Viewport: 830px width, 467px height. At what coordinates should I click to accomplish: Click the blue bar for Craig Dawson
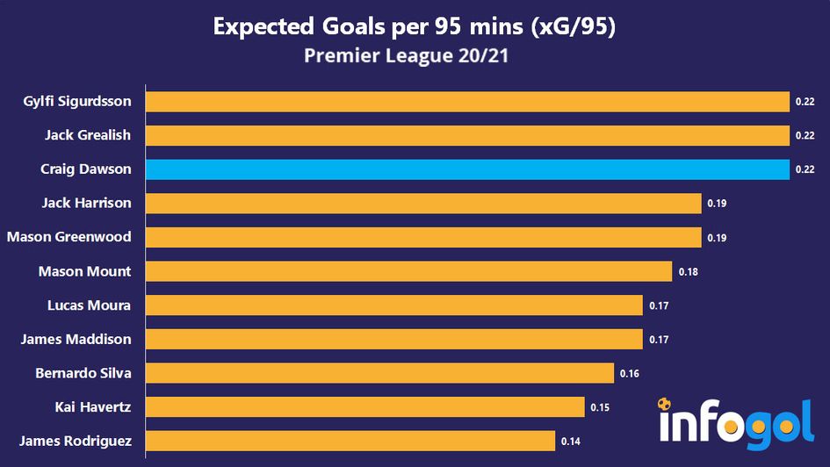(x=467, y=169)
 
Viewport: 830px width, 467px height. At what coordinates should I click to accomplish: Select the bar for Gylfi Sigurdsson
(x=467, y=102)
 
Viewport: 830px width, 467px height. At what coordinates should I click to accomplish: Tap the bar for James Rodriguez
(x=350, y=441)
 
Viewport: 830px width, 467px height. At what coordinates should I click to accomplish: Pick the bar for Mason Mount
(x=408, y=271)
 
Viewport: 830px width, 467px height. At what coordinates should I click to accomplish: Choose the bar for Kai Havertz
(x=364, y=407)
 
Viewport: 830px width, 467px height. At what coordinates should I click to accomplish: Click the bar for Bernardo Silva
(x=379, y=373)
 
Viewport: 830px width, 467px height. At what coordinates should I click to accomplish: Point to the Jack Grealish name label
(x=88, y=135)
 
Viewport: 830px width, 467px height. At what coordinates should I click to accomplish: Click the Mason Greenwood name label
(x=69, y=237)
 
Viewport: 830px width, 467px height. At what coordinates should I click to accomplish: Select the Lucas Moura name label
(x=90, y=305)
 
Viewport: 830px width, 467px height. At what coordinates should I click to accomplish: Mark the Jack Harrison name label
(x=86, y=203)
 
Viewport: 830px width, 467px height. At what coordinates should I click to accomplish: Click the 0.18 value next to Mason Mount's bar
(x=688, y=272)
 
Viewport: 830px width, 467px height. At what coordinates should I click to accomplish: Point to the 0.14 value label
(x=570, y=442)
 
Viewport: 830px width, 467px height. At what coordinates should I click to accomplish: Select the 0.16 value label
(x=629, y=374)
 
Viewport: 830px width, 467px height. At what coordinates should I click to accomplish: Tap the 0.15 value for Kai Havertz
(x=600, y=407)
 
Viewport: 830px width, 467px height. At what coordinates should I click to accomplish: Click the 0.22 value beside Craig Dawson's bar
(x=805, y=170)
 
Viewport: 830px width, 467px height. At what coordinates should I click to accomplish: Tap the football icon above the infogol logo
(x=665, y=405)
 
